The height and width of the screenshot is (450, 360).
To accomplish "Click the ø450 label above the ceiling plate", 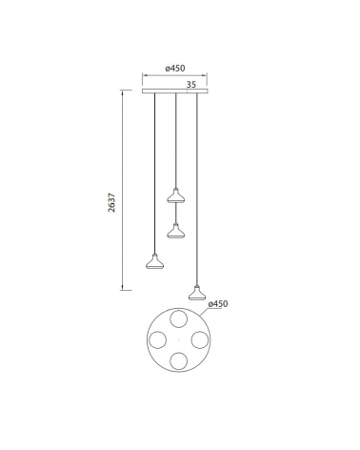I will coord(174,68).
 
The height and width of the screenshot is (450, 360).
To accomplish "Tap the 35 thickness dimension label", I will coord(191,85).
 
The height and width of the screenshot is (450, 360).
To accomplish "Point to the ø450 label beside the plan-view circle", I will coord(220,304).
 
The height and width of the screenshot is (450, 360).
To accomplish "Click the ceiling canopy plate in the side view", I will coord(175,92).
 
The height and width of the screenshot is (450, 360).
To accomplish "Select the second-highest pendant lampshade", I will coord(174,229).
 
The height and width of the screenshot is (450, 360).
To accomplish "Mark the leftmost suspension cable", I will coord(152,172).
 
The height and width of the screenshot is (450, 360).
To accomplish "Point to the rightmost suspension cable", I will coord(197,191).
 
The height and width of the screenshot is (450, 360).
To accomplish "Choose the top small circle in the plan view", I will coord(175,318).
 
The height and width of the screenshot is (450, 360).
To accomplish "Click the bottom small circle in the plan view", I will coord(175,360).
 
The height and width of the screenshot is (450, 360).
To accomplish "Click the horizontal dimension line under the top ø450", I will coord(175,75).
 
